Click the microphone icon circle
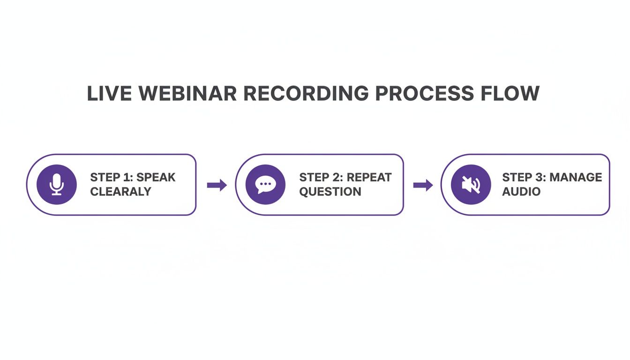click(x=57, y=185)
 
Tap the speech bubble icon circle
click(x=265, y=185)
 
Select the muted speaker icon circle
click(x=471, y=185)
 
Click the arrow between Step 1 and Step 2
click(x=217, y=185)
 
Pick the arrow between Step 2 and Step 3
click(x=423, y=185)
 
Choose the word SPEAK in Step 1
click(x=157, y=178)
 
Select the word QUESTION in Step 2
click(x=330, y=192)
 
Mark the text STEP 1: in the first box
click(x=112, y=178)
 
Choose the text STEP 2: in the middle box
click(x=321, y=178)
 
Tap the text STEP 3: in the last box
click(x=524, y=178)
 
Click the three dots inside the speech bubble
click(x=265, y=184)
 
